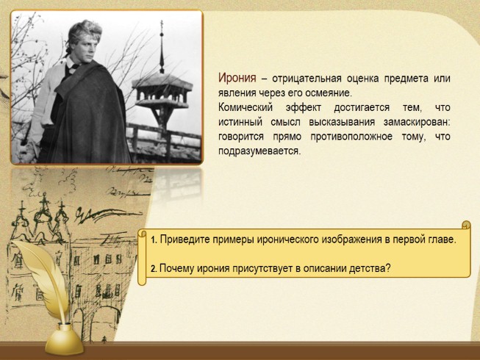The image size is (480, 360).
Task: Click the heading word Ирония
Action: pos(237,78)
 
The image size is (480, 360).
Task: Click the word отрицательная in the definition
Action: pos(302,79)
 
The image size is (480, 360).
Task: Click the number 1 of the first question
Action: pos(152,240)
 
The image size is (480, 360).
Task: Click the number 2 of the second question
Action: pos(153,269)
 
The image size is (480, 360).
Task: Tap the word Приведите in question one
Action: pos(182,240)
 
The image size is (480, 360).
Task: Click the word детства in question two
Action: pos(370,269)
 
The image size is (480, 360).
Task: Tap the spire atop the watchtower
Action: pos(161,40)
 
